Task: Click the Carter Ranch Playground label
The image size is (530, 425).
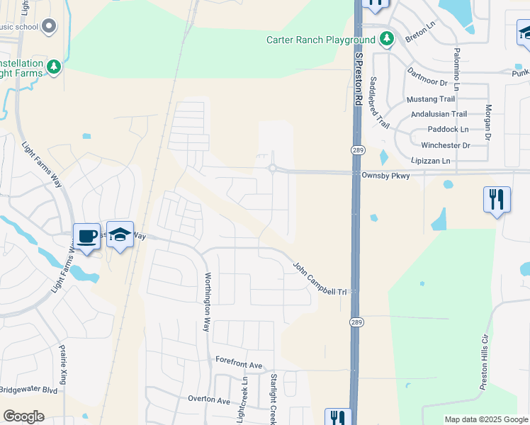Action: coord(320,40)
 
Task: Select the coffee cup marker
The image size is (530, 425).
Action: coord(87,237)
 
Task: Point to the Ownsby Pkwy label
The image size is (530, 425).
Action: coord(385,175)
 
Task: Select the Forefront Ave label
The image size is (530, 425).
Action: coord(239,363)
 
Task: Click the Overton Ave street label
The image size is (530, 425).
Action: coord(209,399)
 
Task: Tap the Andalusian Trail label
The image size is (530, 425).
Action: coord(439,113)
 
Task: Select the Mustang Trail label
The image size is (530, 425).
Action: coord(430,98)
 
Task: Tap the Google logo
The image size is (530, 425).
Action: coord(23,416)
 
